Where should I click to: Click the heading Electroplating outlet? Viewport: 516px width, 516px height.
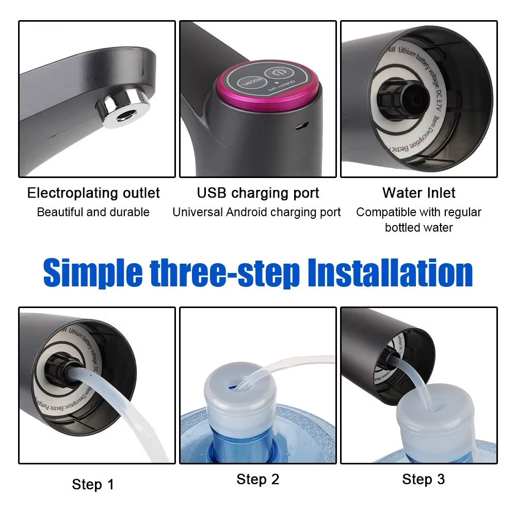pyautogui.click(x=93, y=193)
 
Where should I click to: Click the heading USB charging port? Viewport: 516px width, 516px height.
pyautogui.click(x=257, y=193)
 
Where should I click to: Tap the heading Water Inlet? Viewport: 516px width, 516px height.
pyautogui.click(x=418, y=193)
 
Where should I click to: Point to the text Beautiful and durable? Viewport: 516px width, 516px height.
pyautogui.click(x=93, y=212)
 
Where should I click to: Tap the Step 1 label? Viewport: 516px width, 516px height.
pyautogui.click(x=93, y=485)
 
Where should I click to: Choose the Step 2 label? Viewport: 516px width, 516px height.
pyautogui.click(x=257, y=479)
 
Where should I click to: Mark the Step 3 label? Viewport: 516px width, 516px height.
pyautogui.click(x=423, y=479)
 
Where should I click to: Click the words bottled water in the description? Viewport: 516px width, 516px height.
pyautogui.click(x=418, y=228)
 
